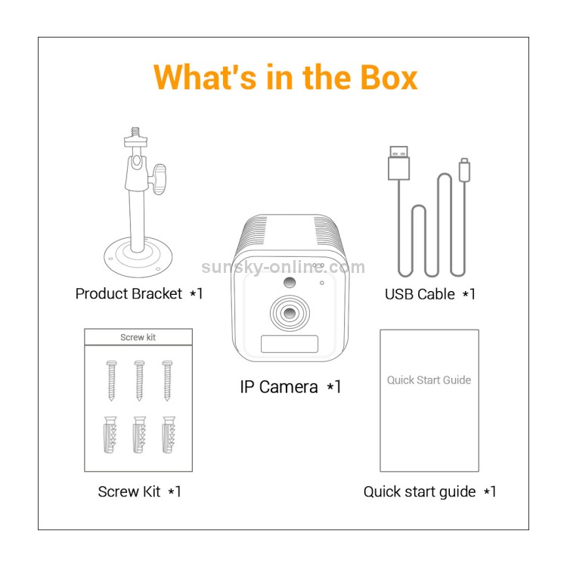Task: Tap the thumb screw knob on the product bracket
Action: (x=159, y=178)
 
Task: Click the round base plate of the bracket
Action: (x=138, y=258)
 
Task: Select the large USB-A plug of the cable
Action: (x=399, y=163)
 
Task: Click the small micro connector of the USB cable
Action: (x=465, y=169)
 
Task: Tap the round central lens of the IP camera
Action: (x=290, y=313)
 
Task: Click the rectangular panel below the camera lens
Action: (x=290, y=344)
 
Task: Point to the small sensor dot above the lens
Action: (x=290, y=283)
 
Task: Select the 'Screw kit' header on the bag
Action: (x=138, y=337)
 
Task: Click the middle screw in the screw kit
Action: (x=139, y=380)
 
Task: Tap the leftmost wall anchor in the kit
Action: (x=110, y=435)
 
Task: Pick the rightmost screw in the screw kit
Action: (x=167, y=380)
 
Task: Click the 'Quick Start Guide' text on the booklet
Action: (x=429, y=380)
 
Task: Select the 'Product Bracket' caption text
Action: (x=129, y=293)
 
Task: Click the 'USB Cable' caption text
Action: (x=420, y=294)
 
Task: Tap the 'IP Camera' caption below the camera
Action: (x=279, y=387)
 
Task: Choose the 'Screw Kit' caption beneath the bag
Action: (x=129, y=492)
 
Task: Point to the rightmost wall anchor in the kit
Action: (x=169, y=435)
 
